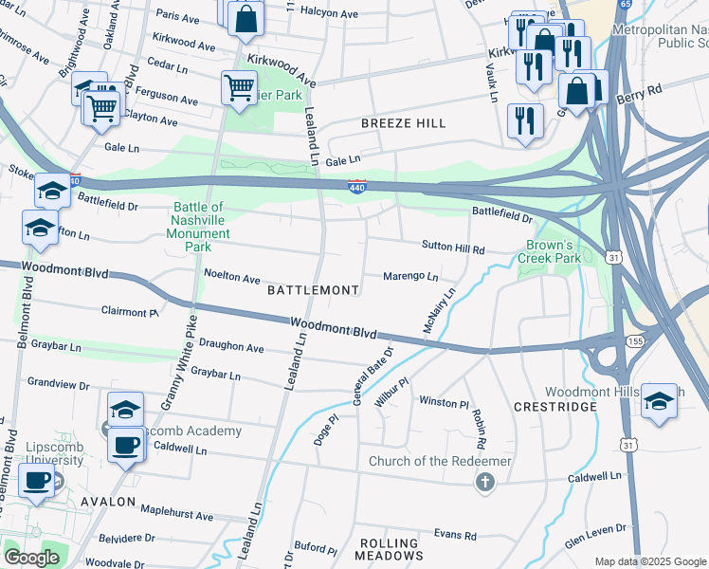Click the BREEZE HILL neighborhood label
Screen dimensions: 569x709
pos(403,124)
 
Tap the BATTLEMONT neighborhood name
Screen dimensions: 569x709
pos(313,289)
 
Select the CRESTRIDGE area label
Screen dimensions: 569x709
pos(554,407)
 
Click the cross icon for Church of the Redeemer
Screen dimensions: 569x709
pos(485,483)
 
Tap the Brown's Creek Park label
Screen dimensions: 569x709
pos(553,250)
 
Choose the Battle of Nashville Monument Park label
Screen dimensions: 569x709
pos(197,227)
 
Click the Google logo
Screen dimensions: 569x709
pos(31,558)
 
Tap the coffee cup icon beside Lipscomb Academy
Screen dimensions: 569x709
pos(125,444)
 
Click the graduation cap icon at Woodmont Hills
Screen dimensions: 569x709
pos(658,401)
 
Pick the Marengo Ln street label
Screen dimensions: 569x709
pos(409,277)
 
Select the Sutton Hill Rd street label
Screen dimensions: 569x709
pos(452,248)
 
